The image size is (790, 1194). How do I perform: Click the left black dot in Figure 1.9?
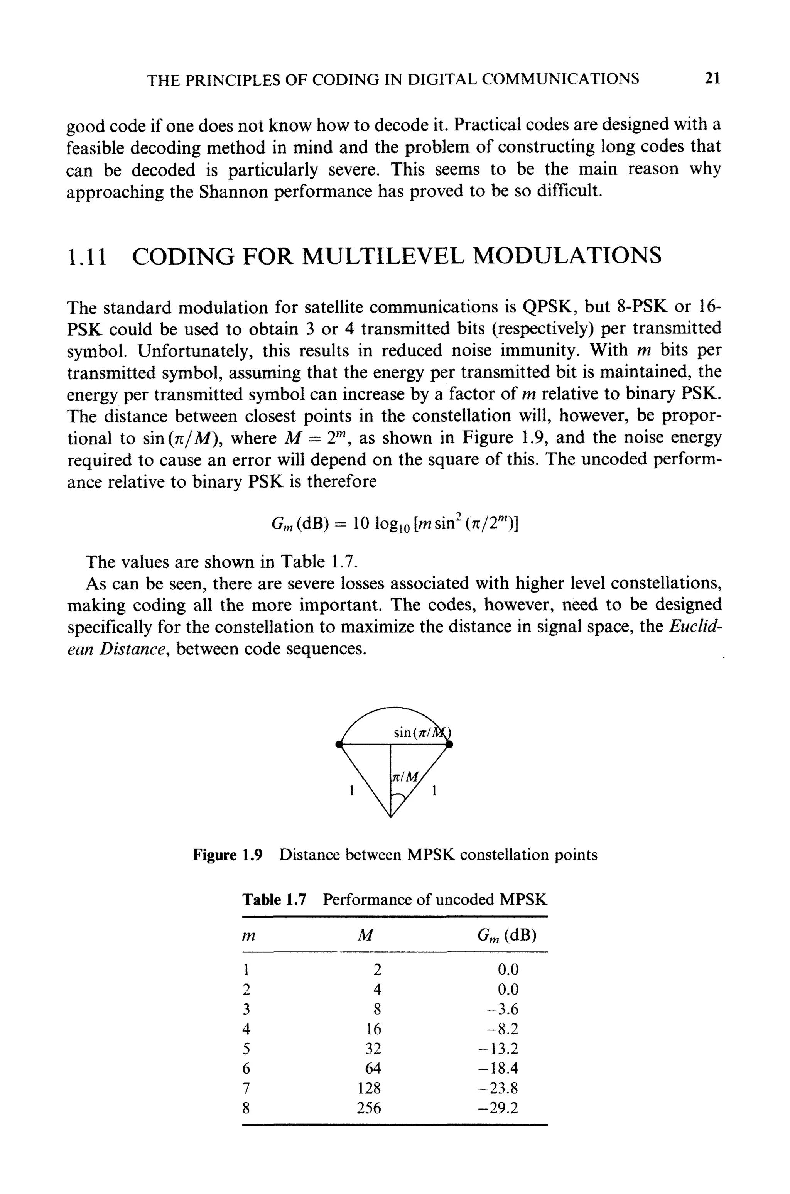tap(339, 744)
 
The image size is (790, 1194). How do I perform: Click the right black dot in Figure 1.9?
tap(449, 744)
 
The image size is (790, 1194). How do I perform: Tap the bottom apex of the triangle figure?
tap(391, 817)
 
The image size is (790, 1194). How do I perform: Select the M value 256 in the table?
tap(369, 1108)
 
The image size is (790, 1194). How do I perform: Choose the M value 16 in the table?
tap(373, 1029)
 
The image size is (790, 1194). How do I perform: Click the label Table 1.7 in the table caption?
tap(274, 900)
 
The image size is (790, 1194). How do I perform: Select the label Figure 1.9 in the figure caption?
tap(228, 855)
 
